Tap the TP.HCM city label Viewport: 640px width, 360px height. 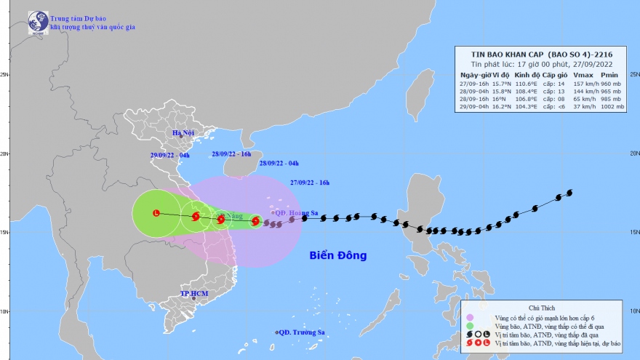pyautogui.click(x=194, y=294)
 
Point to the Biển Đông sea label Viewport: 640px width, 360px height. pyautogui.click(x=337, y=256)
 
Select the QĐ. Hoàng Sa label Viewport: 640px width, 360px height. pyautogui.click(x=297, y=213)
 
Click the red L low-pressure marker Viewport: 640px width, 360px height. pyautogui.click(x=156, y=213)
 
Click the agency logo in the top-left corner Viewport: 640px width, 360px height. pyautogui.click(x=38, y=23)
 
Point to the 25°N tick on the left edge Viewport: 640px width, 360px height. pyautogui.click(x=4, y=74)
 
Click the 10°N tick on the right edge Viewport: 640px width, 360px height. pyautogui.click(x=634, y=311)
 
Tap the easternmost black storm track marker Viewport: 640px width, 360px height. pyautogui.click(x=569, y=193)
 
